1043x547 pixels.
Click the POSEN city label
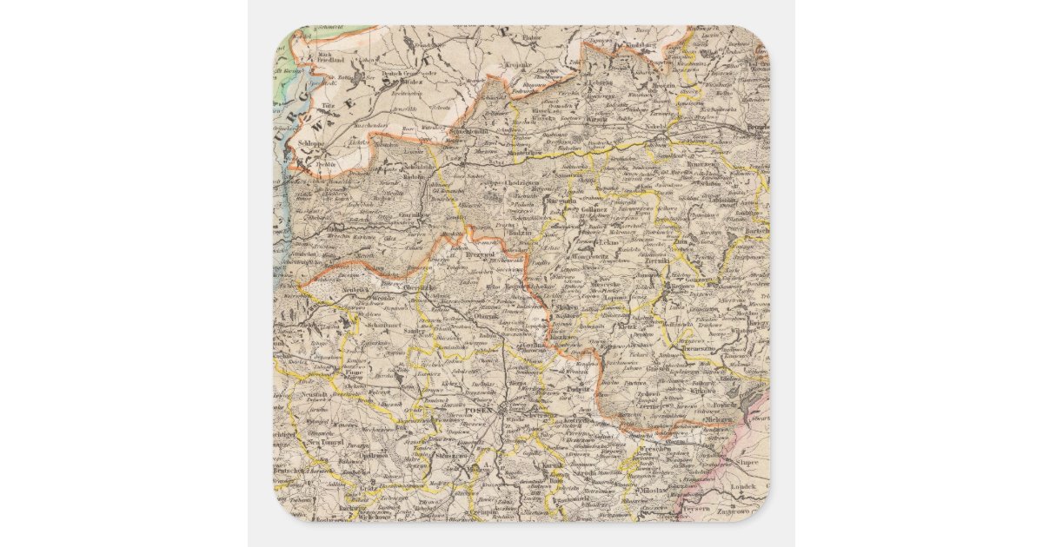tap(478, 409)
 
